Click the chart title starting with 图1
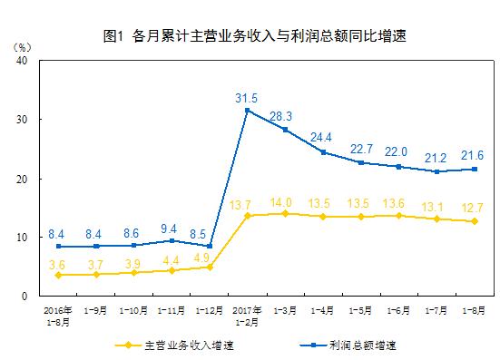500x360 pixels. click(255, 37)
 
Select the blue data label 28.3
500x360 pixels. click(288, 115)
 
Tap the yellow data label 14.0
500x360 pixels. click(287, 202)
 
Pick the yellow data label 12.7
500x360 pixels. click(472, 209)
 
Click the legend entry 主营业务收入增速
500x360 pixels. click(181, 345)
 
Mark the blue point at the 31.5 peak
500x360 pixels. click(249, 111)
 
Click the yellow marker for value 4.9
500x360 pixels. click(210, 268)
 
